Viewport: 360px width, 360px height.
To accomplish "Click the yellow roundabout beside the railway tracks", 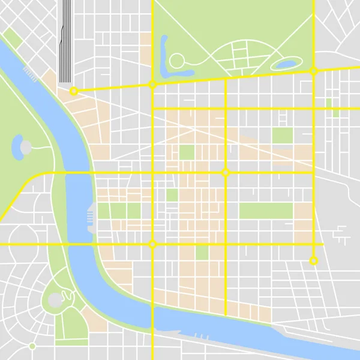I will pos(74,91).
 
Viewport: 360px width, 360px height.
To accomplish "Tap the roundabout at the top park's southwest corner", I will pos(152,85).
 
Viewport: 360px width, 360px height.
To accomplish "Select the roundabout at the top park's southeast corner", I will pos(313,71).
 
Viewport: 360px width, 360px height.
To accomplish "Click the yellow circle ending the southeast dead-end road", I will pos(313,261).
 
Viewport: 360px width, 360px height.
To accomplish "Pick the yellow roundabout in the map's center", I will pos(226,173).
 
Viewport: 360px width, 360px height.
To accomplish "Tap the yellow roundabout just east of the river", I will pos(152,244).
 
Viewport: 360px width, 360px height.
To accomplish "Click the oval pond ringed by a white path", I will pos(284,62).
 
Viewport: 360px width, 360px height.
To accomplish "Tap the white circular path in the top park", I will pos(177,61).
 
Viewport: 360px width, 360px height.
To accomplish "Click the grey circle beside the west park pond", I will pos(26,146).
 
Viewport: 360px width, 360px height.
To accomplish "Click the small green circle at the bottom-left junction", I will pos(32,346).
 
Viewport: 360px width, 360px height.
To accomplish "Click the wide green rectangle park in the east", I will pos(266,211).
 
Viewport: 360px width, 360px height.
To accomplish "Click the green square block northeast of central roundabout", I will pos(282,136).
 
